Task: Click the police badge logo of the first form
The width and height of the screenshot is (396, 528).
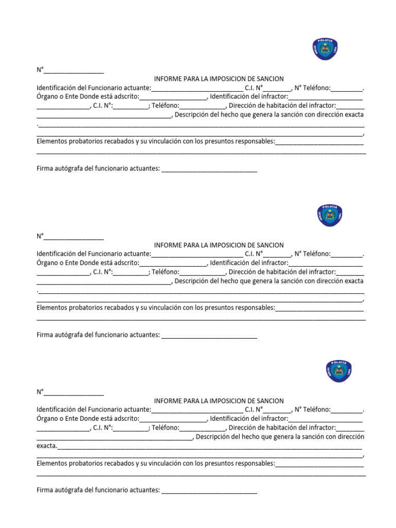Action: [325, 49]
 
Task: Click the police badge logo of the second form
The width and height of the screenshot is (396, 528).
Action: [329, 216]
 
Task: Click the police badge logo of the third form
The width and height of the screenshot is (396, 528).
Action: [339, 371]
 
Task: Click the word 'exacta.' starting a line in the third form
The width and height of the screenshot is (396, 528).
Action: [47, 445]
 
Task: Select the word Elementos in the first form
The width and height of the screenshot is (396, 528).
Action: [52, 141]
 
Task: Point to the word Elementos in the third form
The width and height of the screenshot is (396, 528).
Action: [52, 463]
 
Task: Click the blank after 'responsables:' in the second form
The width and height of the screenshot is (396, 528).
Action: [319, 309]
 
